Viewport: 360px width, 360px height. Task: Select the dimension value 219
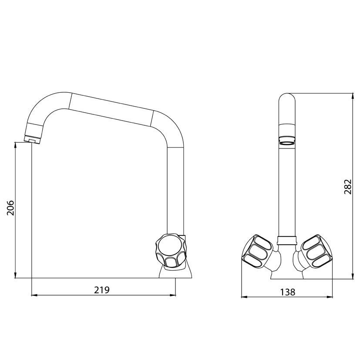pyautogui.click(x=103, y=289)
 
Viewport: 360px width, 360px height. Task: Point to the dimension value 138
pyautogui.click(x=287, y=292)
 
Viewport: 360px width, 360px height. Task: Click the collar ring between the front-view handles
pyautogui.click(x=286, y=239)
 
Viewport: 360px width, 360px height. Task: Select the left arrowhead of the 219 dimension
pyautogui.click(x=34, y=296)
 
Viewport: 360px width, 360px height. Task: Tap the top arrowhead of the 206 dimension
pyautogui.click(x=16, y=145)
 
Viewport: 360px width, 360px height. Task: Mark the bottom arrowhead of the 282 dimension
pyautogui.click(x=351, y=276)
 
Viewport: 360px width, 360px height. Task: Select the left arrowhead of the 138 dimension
pyautogui.click(x=244, y=297)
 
